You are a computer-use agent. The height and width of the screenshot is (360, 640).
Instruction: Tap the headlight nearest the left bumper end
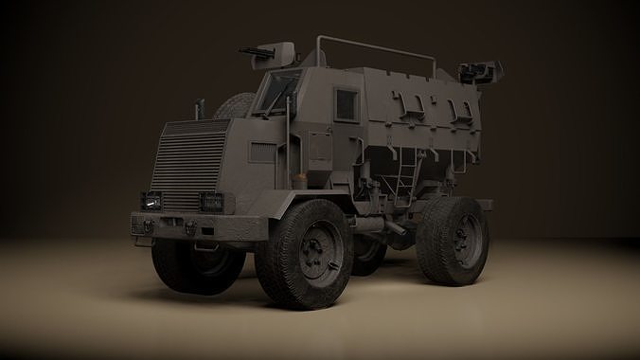[x=151, y=201]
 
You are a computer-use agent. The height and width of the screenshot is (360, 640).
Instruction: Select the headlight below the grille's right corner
[x=211, y=202]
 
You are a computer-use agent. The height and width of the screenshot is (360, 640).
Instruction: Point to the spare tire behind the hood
[x=234, y=105]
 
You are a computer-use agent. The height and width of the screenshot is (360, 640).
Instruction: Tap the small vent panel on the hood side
[x=262, y=153]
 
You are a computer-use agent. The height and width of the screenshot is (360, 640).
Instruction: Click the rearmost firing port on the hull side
[x=463, y=111]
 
